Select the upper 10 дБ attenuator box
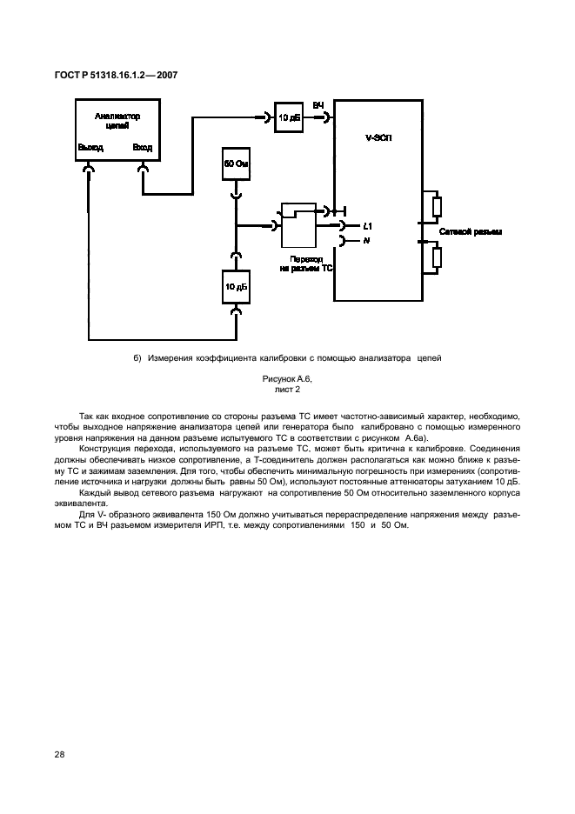(289, 117)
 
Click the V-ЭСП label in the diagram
(378, 138)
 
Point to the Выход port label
(90, 148)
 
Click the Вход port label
(142, 148)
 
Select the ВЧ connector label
(318, 105)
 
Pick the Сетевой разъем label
(471, 232)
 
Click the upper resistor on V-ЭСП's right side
(437, 206)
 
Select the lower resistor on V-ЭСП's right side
(437, 258)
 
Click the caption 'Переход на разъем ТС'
(306, 264)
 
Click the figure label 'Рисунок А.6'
(286, 380)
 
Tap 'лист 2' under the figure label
(286, 390)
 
